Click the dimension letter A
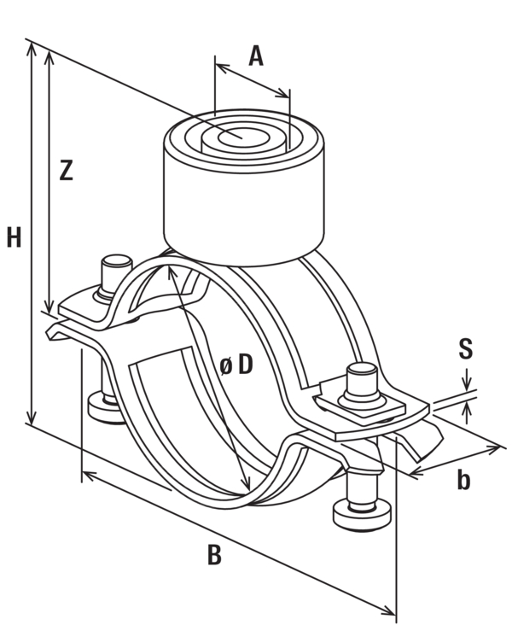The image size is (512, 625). pyautogui.click(x=256, y=55)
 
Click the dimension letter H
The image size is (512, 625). pyautogui.click(x=14, y=237)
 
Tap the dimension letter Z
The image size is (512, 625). pyautogui.click(x=67, y=170)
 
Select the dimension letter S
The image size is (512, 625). pyautogui.click(x=465, y=348)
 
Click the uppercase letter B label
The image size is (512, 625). pyautogui.click(x=214, y=554)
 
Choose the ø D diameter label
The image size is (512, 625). pyautogui.click(x=236, y=365)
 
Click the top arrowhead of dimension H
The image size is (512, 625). pyautogui.click(x=31, y=48)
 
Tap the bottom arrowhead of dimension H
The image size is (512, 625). pyautogui.click(x=31, y=417)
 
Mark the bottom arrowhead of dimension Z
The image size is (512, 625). pyautogui.click(x=49, y=307)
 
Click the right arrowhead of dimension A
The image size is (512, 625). pyautogui.click(x=283, y=93)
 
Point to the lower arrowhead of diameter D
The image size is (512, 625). pyautogui.click(x=247, y=482)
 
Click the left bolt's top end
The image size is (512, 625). pyautogui.click(x=117, y=261)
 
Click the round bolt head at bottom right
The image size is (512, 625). pyautogui.click(x=363, y=516)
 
